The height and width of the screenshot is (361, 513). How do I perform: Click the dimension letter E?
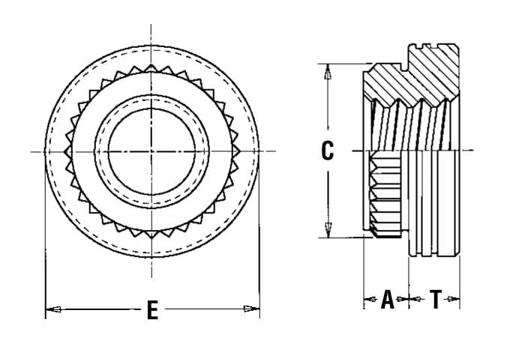click(152, 310)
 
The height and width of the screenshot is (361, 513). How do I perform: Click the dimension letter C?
click(327, 151)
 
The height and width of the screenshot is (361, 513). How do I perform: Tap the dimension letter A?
click(387, 300)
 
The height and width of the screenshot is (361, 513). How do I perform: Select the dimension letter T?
click(436, 300)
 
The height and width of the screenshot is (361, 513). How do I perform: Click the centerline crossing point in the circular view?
click(151, 151)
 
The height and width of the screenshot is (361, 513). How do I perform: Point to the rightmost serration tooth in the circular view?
click(238, 151)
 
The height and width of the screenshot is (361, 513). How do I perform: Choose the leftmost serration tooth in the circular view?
click(65, 151)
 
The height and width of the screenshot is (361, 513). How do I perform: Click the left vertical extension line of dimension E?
click(46, 247)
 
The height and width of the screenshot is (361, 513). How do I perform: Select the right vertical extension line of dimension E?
click(259, 247)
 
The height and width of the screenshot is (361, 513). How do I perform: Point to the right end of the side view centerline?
click(473, 151)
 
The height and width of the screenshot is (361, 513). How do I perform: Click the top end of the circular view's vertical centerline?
click(151, 27)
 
